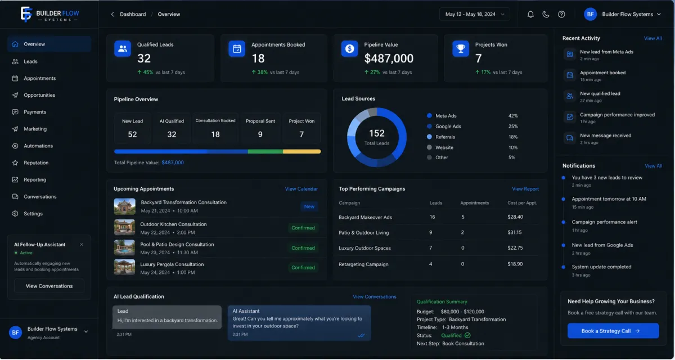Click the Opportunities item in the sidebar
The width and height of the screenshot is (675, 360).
(39, 95)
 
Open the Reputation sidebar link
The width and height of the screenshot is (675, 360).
(36, 163)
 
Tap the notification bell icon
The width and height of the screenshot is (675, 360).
(530, 14)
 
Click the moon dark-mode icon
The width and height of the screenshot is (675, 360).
(546, 14)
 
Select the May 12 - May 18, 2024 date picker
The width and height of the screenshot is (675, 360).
(475, 14)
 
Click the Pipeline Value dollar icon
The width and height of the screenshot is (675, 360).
(349, 48)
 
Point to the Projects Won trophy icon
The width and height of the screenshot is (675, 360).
(461, 48)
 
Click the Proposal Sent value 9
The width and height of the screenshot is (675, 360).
(260, 134)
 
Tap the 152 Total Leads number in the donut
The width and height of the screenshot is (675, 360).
(377, 133)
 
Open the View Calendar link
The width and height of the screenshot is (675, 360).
(301, 189)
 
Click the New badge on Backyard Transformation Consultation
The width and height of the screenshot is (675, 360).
(309, 206)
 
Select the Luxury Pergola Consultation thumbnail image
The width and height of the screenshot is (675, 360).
(124, 267)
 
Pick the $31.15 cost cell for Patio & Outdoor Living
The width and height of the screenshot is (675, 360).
(514, 232)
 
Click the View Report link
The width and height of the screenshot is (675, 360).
(525, 189)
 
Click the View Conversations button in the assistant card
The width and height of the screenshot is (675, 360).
(49, 286)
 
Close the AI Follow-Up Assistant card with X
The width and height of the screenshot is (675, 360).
(82, 245)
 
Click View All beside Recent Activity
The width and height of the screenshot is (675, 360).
(652, 38)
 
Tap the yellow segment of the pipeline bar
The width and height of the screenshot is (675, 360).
(301, 151)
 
